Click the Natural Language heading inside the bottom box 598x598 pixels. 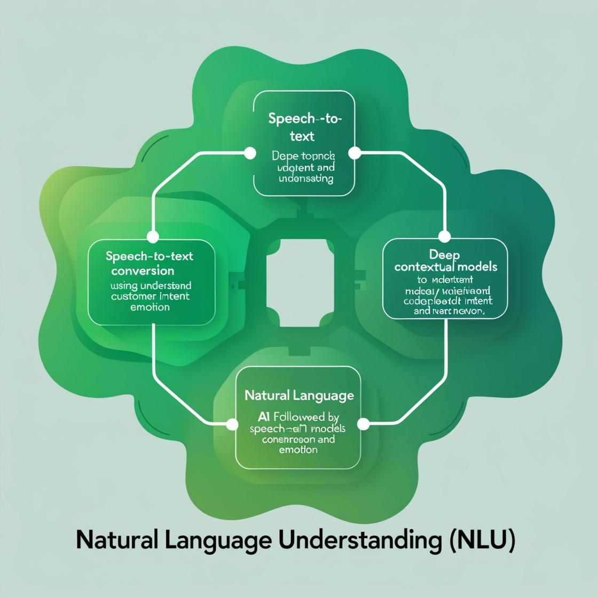click(299, 396)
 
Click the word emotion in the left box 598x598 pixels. click(150, 307)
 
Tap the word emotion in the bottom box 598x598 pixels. click(298, 450)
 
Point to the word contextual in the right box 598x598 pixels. click(424, 266)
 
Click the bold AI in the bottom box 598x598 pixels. click(264, 417)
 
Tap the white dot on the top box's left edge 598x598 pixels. click(249, 154)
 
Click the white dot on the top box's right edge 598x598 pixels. click(355, 154)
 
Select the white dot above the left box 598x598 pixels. click(153, 237)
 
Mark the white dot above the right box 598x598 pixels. click(444, 237)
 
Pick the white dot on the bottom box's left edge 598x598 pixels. click(232, 424)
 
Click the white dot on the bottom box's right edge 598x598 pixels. click(363, 424)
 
